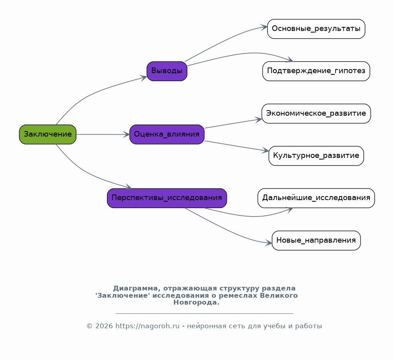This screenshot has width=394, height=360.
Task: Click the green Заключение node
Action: pos(48,134)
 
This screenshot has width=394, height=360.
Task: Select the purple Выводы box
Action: pos(167,71)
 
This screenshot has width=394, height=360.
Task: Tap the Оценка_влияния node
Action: pos(167,134)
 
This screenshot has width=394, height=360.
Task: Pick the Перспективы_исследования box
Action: pos(167,198)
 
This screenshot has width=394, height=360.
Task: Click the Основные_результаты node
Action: pos(316,29)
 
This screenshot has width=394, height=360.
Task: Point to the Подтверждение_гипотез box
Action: pos(316,71)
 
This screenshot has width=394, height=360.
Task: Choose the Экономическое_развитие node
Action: pos(316,113)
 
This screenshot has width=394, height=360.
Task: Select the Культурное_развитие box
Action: pos(316,155)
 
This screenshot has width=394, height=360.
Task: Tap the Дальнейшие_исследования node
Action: pos(316,198)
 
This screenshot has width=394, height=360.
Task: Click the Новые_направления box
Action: pos(316,241)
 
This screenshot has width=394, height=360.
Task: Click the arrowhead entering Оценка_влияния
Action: pos(126,135)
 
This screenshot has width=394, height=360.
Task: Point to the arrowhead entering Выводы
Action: pos(144,78)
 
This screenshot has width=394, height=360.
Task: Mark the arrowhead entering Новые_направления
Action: pos(269,243)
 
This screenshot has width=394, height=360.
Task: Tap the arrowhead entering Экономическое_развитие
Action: pos(259,120)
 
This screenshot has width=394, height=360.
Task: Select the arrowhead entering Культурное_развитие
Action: pos(266,150)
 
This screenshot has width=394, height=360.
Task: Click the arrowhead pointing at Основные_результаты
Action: pos(264,27)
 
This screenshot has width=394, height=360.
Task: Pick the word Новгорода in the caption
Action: pos(196,303)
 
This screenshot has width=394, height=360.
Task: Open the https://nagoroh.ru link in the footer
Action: pos(148,326)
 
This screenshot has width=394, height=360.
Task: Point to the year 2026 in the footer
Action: pos(104,326)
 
